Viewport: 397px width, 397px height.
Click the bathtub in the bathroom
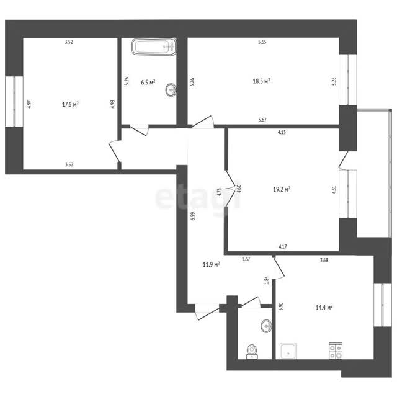154,47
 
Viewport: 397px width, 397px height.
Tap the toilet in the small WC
252,352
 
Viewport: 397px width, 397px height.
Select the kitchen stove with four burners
336,350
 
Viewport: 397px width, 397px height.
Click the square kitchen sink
288,351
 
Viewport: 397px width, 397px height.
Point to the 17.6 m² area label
70,104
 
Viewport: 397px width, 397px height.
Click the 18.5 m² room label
261,81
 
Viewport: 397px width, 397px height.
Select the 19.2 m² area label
282,189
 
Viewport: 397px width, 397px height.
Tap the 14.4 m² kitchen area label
324,308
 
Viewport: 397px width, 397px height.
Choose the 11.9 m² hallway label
211,265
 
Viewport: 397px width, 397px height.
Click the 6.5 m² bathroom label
148,83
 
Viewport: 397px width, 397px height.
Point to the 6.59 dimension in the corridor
193,216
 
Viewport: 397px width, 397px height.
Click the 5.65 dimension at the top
262,42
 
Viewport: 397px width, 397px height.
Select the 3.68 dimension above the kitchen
324,260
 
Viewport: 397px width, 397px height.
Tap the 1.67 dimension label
246,259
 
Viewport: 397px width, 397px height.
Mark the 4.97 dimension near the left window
29,104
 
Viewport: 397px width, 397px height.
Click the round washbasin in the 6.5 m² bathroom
171,89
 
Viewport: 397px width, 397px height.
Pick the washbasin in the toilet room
266,326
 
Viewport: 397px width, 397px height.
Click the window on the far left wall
14,101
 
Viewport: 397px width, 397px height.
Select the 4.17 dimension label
283,246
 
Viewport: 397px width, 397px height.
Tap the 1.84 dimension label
266,280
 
